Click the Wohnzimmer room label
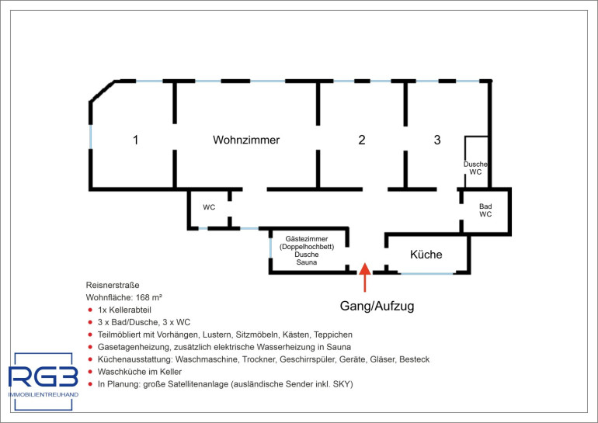(246, 140)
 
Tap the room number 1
(135, 140)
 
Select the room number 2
(362, 140)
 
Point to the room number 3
(437, 140)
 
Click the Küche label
(426, 254)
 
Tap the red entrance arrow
(365, 277)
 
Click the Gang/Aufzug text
(377, 306)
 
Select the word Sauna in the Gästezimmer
(307, 262)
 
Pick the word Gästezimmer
(307, 239)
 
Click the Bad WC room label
(485, 210)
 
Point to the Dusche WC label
(475, 168)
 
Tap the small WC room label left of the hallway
(209, 207)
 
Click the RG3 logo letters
(43, 376)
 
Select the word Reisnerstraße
(113, 285)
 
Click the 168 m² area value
(149, 297)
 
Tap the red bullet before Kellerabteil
(90, 310)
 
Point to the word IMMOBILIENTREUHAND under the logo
(43, 395)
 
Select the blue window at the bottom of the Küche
(427, 273)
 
